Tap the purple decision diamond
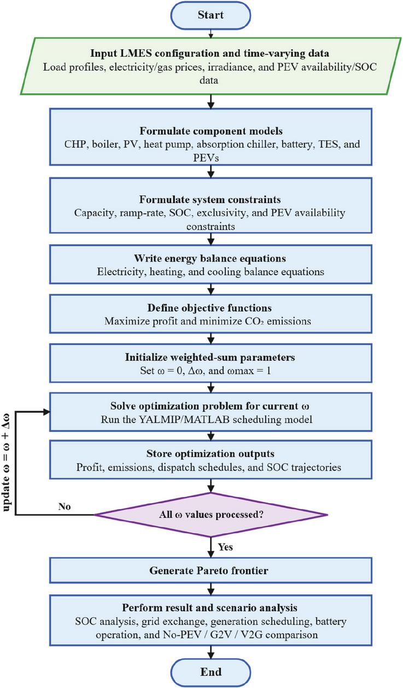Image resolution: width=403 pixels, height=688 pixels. click(x=211, y=515)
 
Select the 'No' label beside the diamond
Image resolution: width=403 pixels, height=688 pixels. click(x=65, y=506)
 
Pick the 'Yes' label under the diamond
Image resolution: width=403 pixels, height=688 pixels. click(x=225, y=547)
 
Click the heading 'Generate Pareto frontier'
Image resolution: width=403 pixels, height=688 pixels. click(x=209, y=570)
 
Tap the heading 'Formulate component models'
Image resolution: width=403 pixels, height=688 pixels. click(x=211, y=131)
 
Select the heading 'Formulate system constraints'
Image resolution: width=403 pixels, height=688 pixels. click(x=210, y=200)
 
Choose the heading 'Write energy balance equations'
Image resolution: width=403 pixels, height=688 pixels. click(x=210, y=258)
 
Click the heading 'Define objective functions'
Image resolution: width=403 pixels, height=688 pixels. click(x=209, y=308)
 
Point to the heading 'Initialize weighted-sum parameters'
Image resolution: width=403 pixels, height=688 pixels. click(x=210, y=357)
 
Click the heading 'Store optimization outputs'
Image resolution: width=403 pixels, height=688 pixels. click(x=210, y=454)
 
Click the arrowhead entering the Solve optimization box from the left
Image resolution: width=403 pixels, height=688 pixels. click(x=46, y=412)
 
